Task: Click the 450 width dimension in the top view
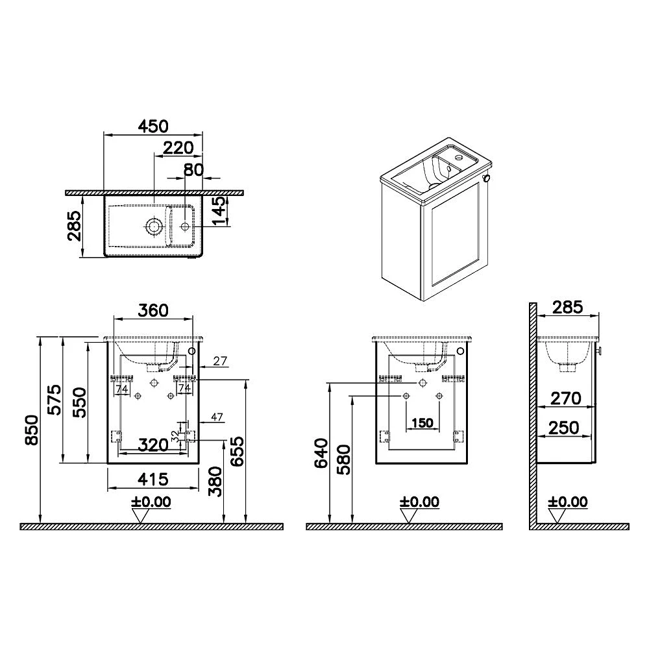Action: point(153,127)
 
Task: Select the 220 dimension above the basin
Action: point(178,148)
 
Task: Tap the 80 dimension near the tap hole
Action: point(193,169)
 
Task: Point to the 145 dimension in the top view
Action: point(220,211)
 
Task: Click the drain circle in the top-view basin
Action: point(154,227)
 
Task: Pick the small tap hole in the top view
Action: point(184,227)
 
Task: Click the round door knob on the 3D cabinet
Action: point(487,178)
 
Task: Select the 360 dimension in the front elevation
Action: point(153,310)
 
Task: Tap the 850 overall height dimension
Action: point(32,430)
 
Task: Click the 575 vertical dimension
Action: point(55,400)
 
